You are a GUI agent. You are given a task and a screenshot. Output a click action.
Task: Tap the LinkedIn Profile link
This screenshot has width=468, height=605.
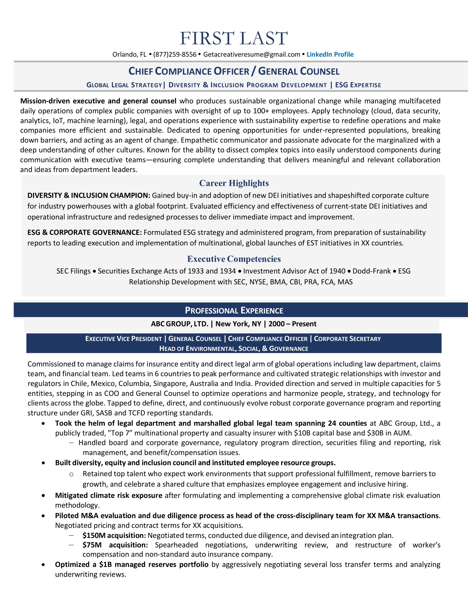(330, 54)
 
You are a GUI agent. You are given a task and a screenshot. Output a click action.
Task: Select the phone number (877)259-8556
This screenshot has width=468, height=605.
(175, 54)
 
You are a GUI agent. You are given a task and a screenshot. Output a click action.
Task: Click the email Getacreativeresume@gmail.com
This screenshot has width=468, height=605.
(252, 54)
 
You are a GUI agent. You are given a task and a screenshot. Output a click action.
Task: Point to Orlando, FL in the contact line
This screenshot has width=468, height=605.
(129, 54)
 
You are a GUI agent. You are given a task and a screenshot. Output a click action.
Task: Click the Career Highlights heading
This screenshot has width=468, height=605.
(234, 183)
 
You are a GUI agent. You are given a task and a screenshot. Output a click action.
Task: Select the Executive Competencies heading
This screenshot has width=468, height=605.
(234, 259)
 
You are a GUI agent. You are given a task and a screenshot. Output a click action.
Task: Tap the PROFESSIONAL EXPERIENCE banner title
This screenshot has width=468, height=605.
(234, 310)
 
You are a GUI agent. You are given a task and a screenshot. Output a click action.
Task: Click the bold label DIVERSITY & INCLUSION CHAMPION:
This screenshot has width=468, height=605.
(89, 196)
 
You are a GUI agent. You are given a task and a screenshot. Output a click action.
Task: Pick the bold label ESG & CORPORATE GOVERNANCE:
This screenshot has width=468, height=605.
(85, 232)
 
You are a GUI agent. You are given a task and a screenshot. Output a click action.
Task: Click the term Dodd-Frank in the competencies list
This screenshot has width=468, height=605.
(372, 271)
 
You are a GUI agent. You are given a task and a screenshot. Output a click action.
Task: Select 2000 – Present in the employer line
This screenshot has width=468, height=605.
(292, 324)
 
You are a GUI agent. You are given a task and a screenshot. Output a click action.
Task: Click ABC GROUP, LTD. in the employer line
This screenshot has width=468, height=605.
(180, 324)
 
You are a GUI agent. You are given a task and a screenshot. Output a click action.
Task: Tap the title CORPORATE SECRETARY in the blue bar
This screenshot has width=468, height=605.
(347, 339)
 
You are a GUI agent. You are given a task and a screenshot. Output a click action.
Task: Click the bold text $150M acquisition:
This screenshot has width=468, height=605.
(114, 535)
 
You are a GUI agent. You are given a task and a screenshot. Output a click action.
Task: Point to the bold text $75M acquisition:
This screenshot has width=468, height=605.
(115, 545)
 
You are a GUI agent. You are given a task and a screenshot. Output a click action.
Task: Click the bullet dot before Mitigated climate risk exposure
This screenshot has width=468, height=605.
(43, 496)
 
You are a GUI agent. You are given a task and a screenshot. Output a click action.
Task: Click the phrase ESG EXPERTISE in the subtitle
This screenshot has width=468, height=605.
(358, 85)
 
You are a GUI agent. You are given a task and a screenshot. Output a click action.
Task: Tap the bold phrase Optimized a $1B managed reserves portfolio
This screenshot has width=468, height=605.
(132, 565)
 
